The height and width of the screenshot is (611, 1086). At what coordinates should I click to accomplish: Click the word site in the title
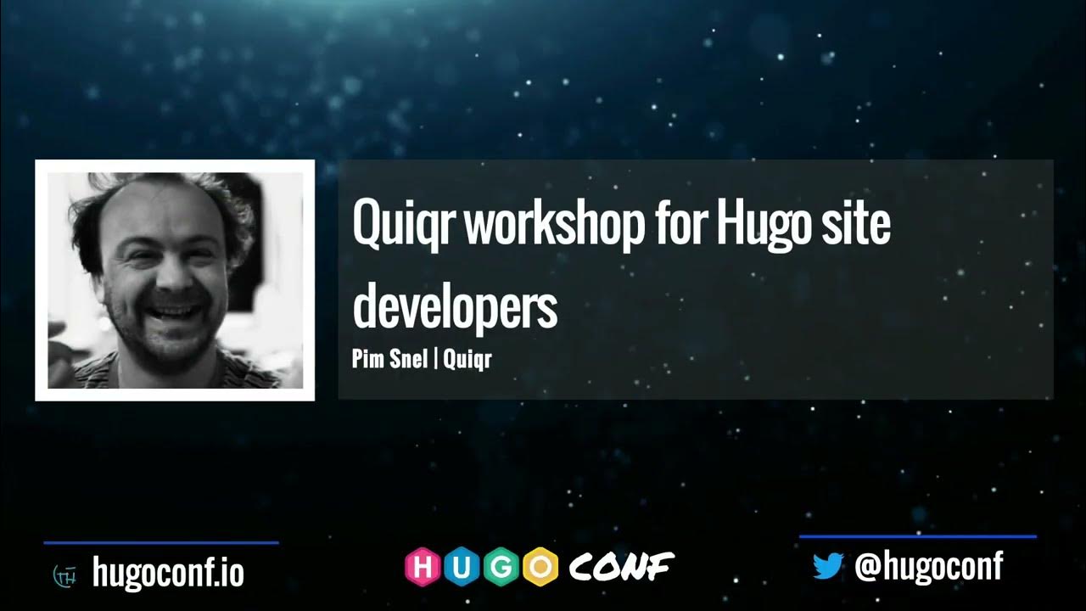[856, 224]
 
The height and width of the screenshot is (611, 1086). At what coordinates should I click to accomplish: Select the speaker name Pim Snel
[389, 359]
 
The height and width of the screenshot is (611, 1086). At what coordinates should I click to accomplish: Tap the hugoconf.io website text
[168, 573]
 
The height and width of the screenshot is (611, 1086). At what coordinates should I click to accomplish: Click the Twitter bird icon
[827, 566]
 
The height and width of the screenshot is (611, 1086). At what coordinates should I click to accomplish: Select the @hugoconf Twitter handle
[929, 566]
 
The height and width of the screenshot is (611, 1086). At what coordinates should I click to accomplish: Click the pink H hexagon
[422, 567]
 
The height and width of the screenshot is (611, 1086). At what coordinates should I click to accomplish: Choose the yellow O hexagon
[540, 567]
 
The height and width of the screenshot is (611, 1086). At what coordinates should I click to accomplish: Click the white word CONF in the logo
[621, 566]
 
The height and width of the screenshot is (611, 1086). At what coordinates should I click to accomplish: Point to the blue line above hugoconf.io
[160, 542]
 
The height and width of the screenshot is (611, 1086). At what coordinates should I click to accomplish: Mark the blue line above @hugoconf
[917, 536]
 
